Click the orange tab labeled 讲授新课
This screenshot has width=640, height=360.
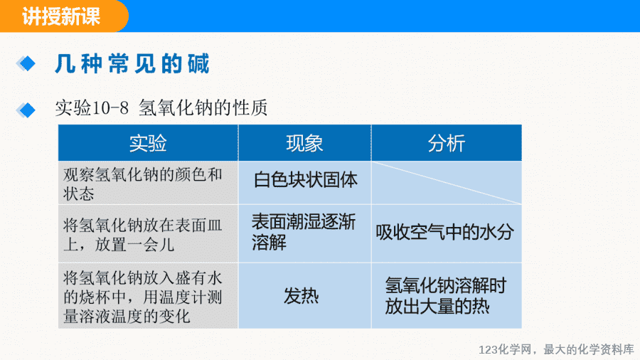[x=63, y=16]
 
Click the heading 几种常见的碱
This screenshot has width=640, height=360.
[x=132, y=63]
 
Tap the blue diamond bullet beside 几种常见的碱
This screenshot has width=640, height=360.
[x=26, y=63]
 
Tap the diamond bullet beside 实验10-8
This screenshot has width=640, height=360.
[x=26, y=110]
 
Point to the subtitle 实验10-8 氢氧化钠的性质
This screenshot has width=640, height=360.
[x=161, y=108]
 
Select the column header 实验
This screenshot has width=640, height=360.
[x=148, y=143]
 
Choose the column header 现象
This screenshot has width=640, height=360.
[x=305, y=143]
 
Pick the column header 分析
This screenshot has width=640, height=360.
[x=447, y=143]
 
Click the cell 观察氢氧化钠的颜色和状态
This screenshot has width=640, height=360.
[x=148, y=183]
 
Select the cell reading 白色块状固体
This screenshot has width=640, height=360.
[x=305, y=183]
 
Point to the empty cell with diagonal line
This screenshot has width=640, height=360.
[x=447, y=183]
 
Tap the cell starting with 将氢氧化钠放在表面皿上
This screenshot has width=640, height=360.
[x=148, y=233]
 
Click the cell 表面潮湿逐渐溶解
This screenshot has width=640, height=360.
[x=305, y=233]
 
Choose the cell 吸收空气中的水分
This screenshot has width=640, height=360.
[x=447, y=233]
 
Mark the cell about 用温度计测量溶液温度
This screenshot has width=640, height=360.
[x=148, y=295]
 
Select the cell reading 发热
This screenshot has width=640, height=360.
[x=305, y=295]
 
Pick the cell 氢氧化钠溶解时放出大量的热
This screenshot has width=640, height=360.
[x=447, y=295]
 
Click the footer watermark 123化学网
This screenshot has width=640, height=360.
[x=505, y=350]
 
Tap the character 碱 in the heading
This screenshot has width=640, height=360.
[x=199, y=63]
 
